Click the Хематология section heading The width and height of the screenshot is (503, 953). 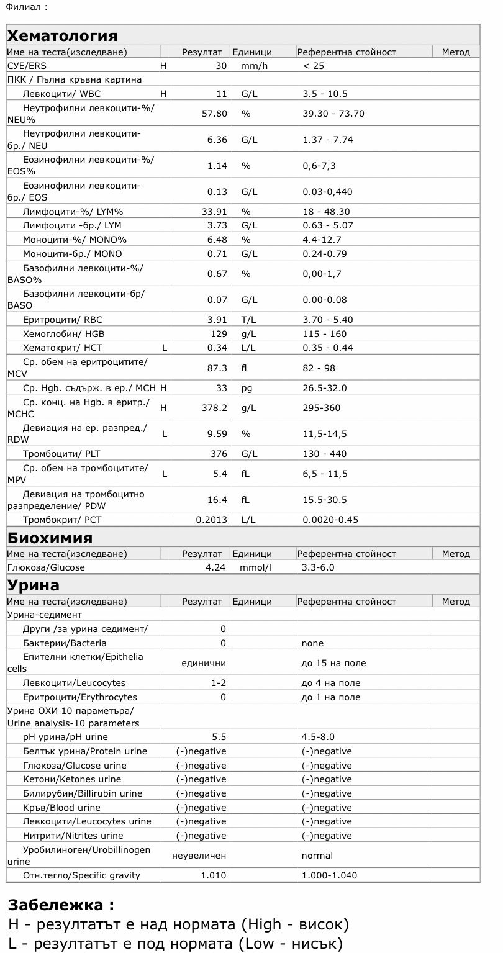pyautogui.click(x=63, y=35)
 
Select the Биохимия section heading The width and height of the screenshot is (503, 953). pyautogui.click(x=50, y=537)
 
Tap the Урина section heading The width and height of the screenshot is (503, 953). pyautogui.click(x=34, y=585)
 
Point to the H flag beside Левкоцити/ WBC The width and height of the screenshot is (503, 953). pyautogui.click(x=163, y=94)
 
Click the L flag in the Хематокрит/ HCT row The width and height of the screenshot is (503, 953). pyautogui.click(x=165, y=348)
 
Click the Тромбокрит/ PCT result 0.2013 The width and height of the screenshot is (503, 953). pyautogui.click(x=211, y=520)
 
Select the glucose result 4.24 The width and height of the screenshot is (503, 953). pyautogui.click(x=216, y=567)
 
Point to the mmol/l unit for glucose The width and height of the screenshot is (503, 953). pyautogui.click(x=256, y=567)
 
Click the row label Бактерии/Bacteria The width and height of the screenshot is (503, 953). pyautogui.click(x=65, y=643)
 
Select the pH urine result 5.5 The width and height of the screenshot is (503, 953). pyautogui.click(x=219, y=737)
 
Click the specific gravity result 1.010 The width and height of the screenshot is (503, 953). pyautogui.click(x=214, y=875)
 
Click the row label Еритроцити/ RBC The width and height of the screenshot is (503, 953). pyautogui.click(x=63, y=320)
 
